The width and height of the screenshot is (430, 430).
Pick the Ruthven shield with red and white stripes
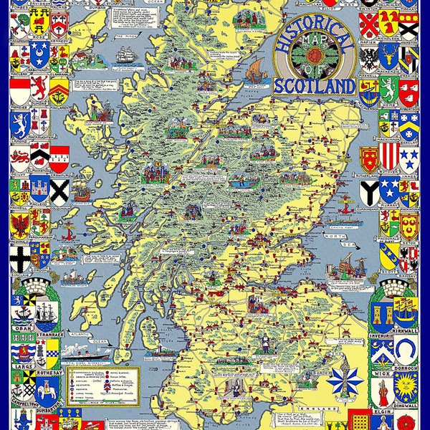tap(389, 156)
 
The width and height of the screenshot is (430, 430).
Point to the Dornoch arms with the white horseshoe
tap(408, 349)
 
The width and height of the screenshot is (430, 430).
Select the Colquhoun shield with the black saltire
tap(59, 190)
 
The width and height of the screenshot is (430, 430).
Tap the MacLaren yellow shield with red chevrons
tap(59, 90)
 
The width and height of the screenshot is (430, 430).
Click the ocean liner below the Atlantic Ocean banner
tap(86, 351)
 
